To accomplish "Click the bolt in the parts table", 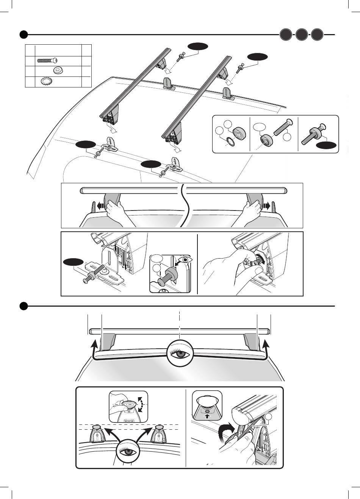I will click(47, 60).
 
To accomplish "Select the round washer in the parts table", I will click(58, 70).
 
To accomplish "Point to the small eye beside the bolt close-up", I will click(185, 260).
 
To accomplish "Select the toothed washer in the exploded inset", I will click(229, 141).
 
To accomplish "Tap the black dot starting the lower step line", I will click(23, 306).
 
